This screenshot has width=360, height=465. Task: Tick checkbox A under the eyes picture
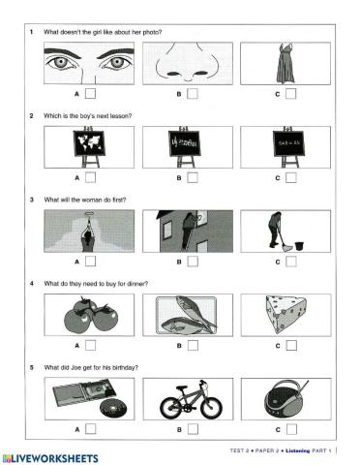click(x=90, y=94)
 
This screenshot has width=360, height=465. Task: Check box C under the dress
click(x=290, y=94)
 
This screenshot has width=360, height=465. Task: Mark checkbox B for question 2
click(x=192, y=178)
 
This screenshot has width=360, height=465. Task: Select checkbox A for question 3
click(x=90, y=262)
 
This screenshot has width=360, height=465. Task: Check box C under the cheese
click(x=290, y=346)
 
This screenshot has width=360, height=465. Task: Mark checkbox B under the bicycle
click(x=192, y=429)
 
